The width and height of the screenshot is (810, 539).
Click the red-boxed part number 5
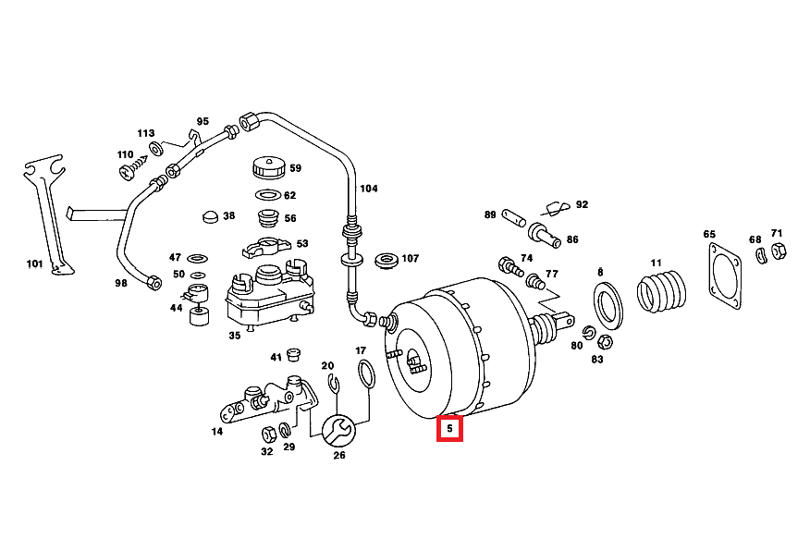click(x=450, y=429)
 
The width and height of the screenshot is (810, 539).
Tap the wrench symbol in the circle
click(x=338, y=429)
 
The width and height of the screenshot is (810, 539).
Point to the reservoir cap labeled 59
click(x=268, y=169)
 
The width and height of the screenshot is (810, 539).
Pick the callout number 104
click(x=369, y=189)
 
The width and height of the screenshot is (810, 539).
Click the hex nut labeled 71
click(x=778, y=251)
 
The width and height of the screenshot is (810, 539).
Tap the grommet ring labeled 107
click(x=385, y=259)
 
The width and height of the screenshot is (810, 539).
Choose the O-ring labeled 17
click(x=366, y=374)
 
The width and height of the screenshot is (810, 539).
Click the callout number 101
click(x=34, y=264)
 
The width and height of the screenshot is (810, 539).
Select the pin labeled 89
click(x=514, y=219)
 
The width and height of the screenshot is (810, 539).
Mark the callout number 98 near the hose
click(x=120, y=284)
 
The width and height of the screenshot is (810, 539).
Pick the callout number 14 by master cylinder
click(x=217, y=431)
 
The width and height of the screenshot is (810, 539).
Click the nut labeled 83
click(x=604, y=341)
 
